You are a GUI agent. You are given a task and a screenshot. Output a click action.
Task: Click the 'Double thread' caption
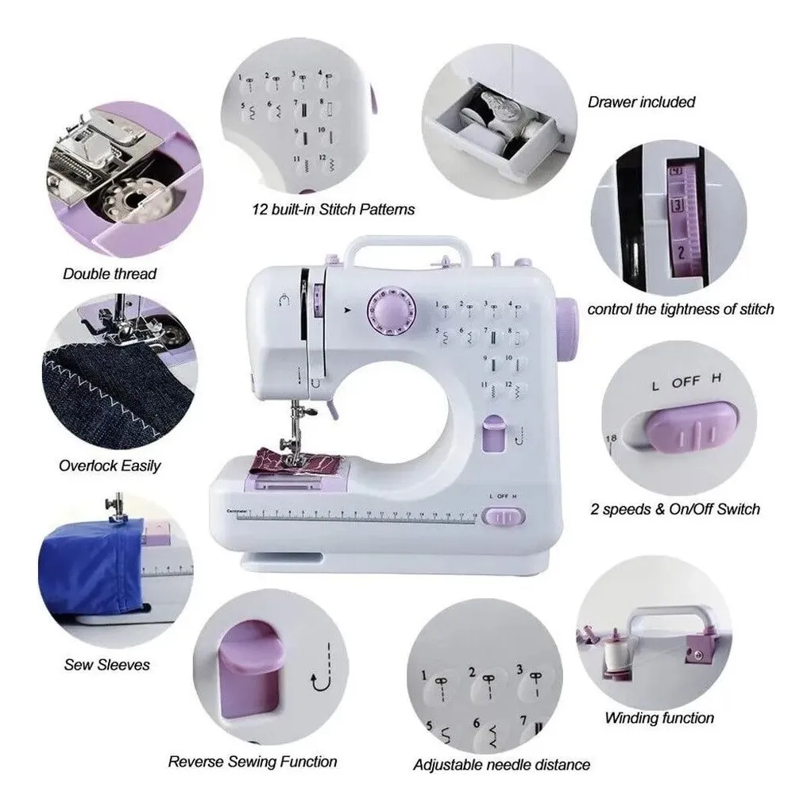pyautogui.click(x=110, y=273)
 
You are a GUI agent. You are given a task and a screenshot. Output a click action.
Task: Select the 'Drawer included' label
pyautogui.click(x=641, y=102)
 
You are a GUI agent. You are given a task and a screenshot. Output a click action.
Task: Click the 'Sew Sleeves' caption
pyautogui.click(x=106, y=664)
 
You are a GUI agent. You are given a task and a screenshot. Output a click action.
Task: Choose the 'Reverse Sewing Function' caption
pyautogui.click(x=252, y=762)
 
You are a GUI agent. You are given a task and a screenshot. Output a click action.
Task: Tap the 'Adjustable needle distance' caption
pyautogui.click(x=501, y=765)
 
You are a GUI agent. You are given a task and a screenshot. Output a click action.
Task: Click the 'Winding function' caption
pyautogui.click(x=658, y=718)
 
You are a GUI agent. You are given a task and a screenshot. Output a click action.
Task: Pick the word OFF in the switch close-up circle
pyautogui.click(x=685, y=382)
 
